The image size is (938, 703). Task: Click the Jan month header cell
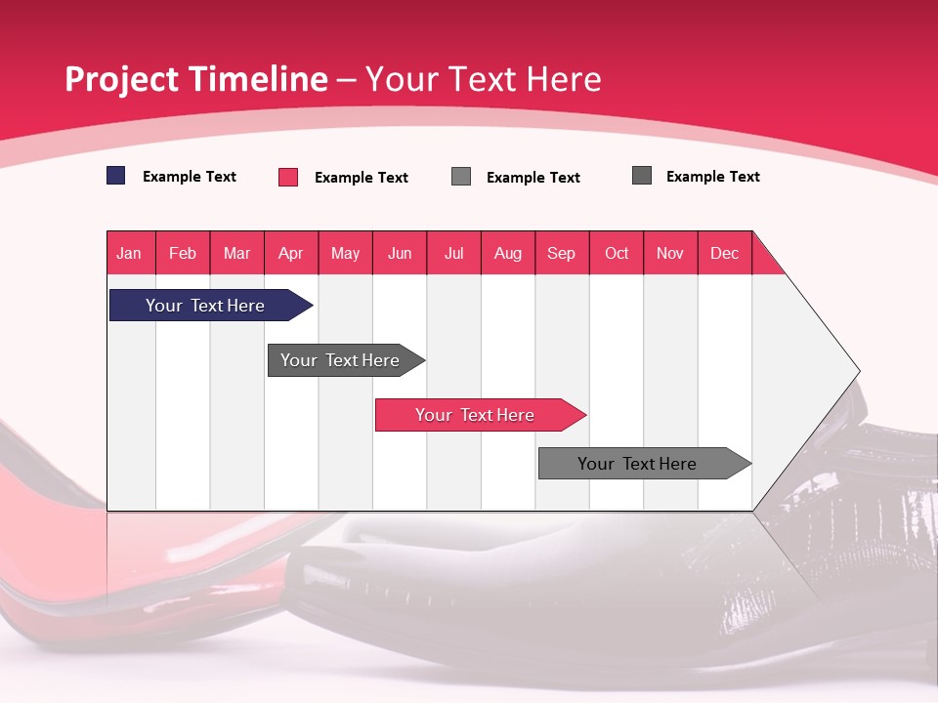click(130, 253)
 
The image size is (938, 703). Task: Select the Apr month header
click(291, 253)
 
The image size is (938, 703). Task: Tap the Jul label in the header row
click(453, 253)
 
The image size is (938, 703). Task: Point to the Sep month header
click(562, 253)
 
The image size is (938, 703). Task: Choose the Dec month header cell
click(724, 253)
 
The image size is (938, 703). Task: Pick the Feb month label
click(183, 253)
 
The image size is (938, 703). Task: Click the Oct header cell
click(617, 253)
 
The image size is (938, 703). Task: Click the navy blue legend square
click(116, 176)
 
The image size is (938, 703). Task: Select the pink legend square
click(288, 177)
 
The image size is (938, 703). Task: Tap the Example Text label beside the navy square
click(190, 177)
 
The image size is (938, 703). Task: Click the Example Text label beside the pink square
click(362, 178)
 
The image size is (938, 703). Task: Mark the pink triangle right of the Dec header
click(764, 260)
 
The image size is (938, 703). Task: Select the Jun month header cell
click(400, 253)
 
